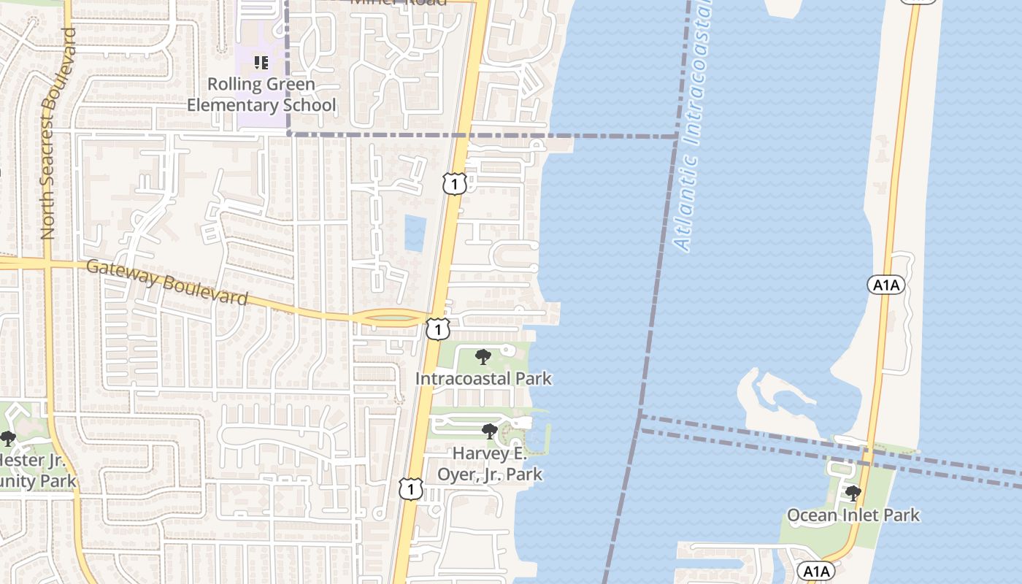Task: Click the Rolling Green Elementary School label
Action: [x=261, y=95]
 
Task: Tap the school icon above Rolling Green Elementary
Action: [x=261, y=63]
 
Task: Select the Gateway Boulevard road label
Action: [x=166, y=283]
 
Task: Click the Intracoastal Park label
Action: [x=483, y=379]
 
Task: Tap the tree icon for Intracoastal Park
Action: [x=483, y=357]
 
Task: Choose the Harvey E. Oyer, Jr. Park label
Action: [x=489, y=464]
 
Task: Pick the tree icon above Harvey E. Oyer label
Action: [x=490, y=431]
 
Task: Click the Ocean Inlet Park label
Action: [x=853, y=515]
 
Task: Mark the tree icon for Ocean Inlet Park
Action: [x=853, y=493]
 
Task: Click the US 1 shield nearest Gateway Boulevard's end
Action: [x=437, y=330]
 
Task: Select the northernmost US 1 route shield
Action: [x=454, y=184]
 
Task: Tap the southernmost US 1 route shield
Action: [x=410, y=488]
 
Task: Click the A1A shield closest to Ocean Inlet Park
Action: [x=815, y=571]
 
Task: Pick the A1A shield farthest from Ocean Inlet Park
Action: [x=917, y=2]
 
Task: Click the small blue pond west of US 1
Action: [x=415, y=233]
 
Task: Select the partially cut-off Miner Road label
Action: [x=399, y=3]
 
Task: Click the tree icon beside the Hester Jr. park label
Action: [x=8, y=439]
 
